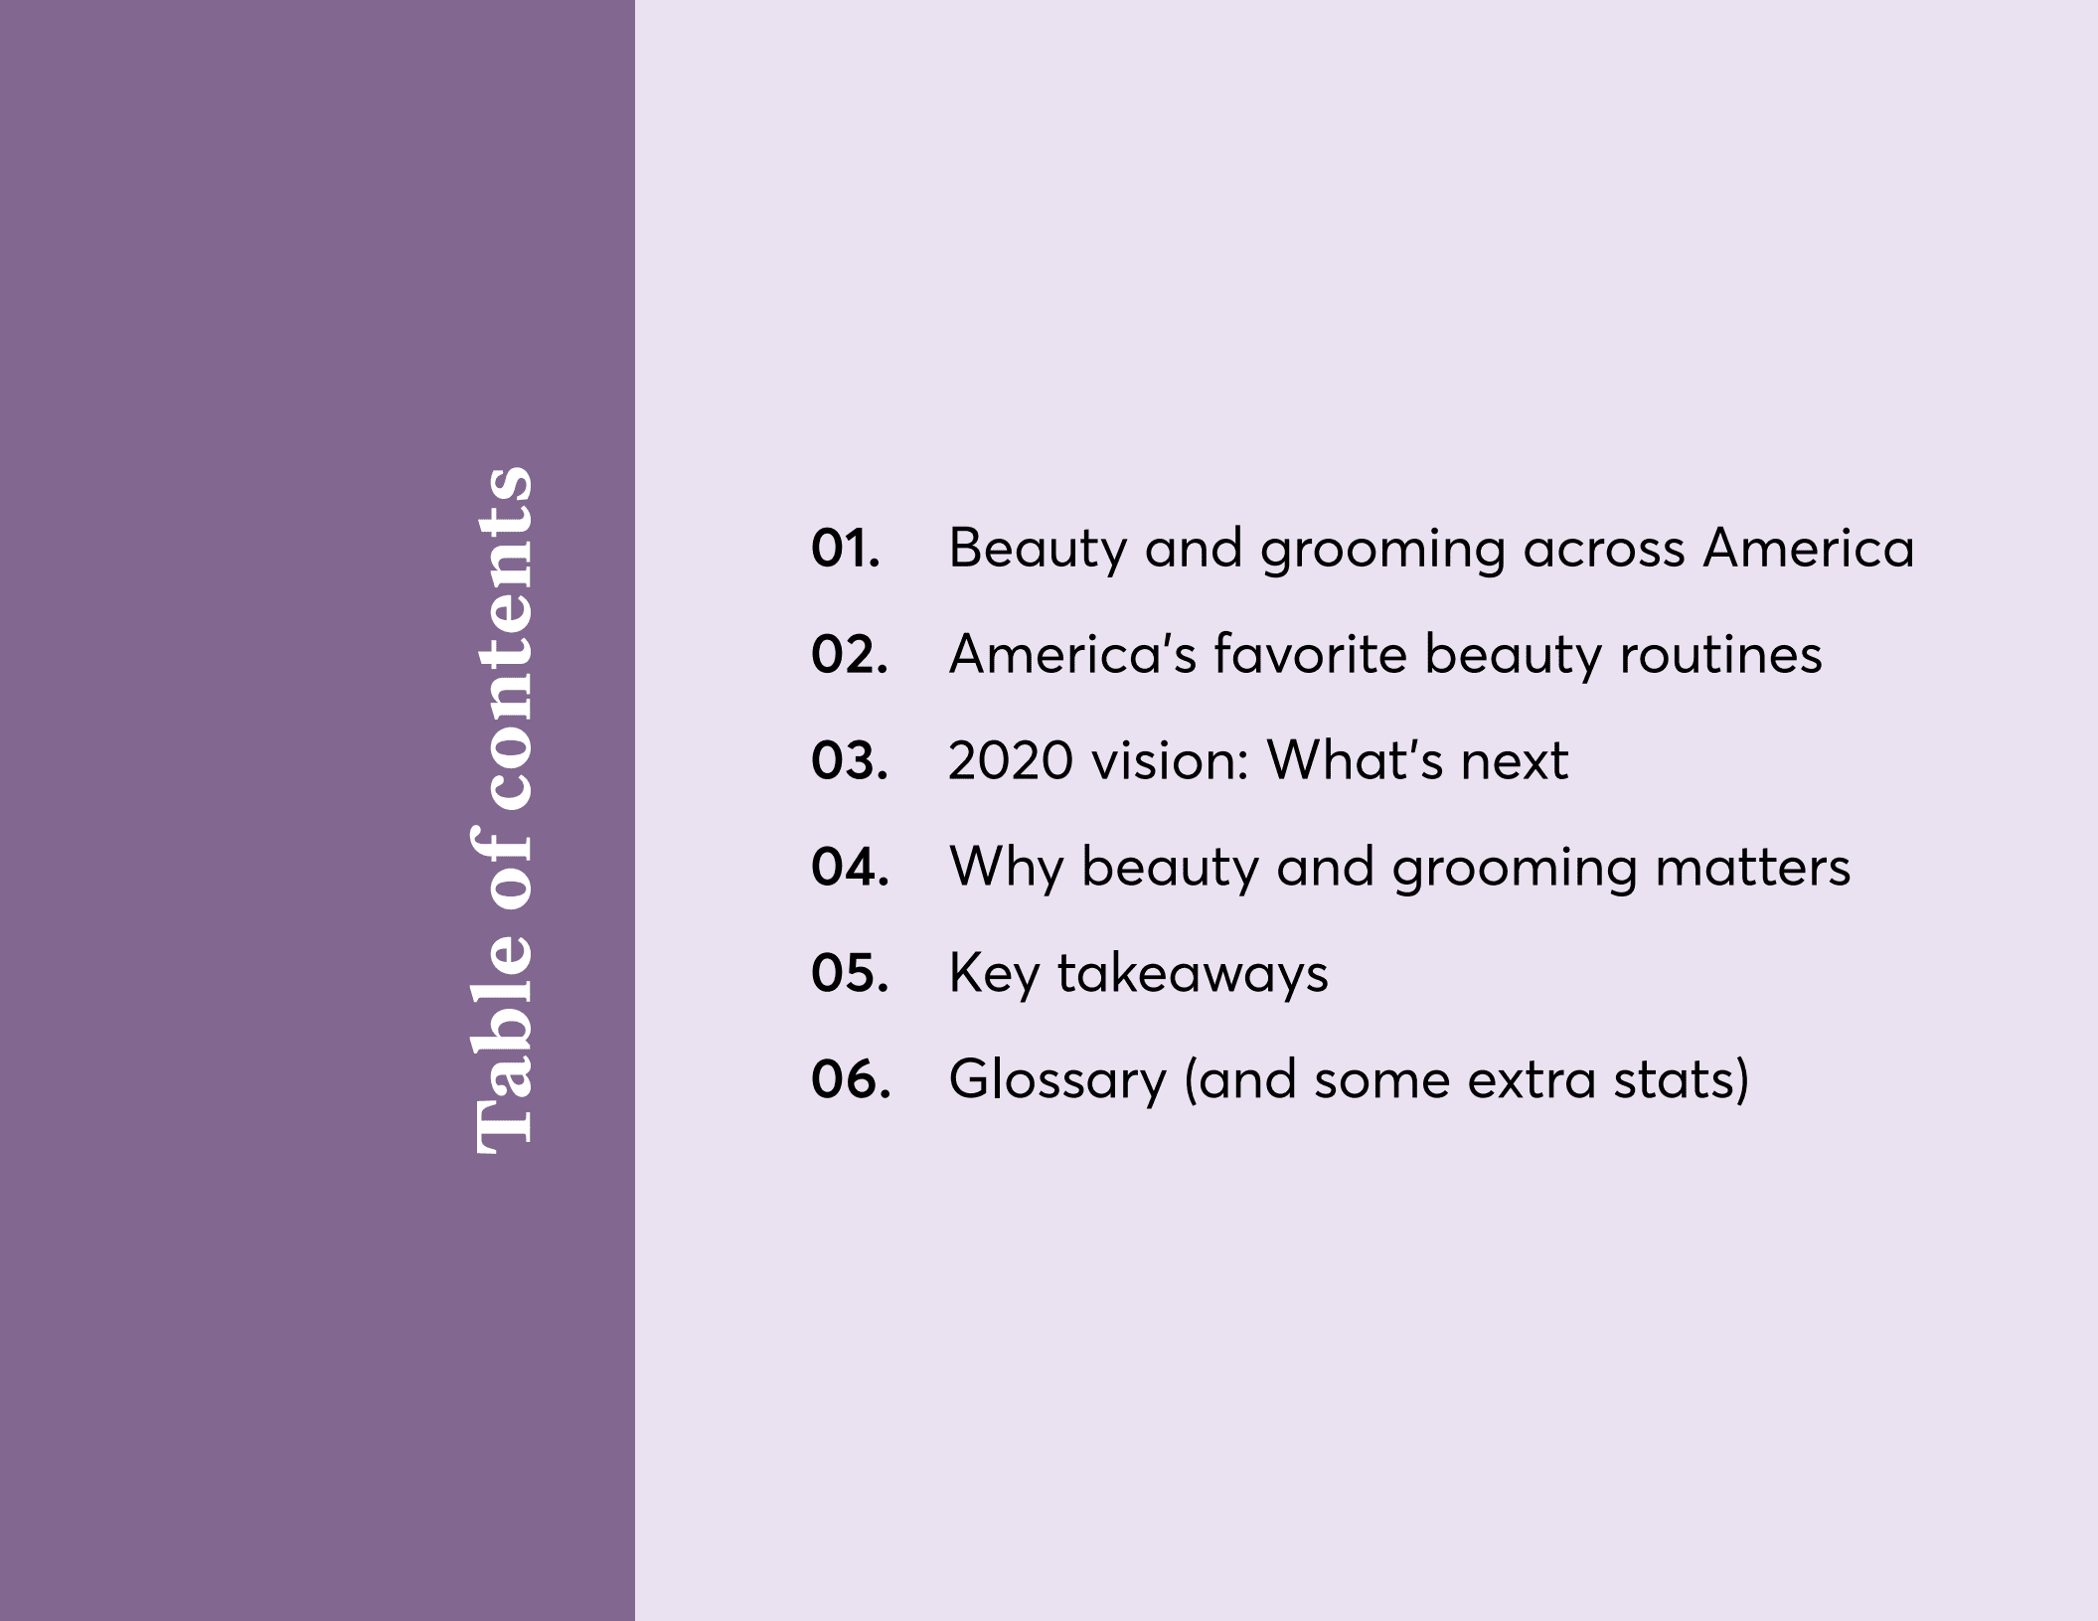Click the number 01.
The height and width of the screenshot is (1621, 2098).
click(845, 549)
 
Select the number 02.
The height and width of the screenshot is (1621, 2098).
click(849, 655)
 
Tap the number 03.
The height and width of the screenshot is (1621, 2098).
click(849, 761)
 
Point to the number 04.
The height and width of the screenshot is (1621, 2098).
click(849, 868)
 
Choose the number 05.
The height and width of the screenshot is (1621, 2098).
click(849, 974)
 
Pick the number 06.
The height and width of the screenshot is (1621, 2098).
click(850, 1080)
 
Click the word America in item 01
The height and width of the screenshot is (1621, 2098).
click(1808, 549)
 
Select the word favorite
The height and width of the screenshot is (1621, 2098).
click(1310, 655)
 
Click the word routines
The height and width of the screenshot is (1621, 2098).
click(1721, 655)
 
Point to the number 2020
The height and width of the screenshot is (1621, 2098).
click(1011, 761)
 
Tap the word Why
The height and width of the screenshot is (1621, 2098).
click(1006, 868)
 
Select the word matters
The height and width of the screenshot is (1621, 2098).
click(1753, 868)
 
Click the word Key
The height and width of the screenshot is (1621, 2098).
click(994, 974)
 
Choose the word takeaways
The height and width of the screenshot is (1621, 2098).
click(1193, 974)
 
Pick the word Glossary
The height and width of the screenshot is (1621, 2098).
click(1057, 1080)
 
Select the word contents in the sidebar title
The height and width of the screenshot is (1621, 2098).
click(503, 637)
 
